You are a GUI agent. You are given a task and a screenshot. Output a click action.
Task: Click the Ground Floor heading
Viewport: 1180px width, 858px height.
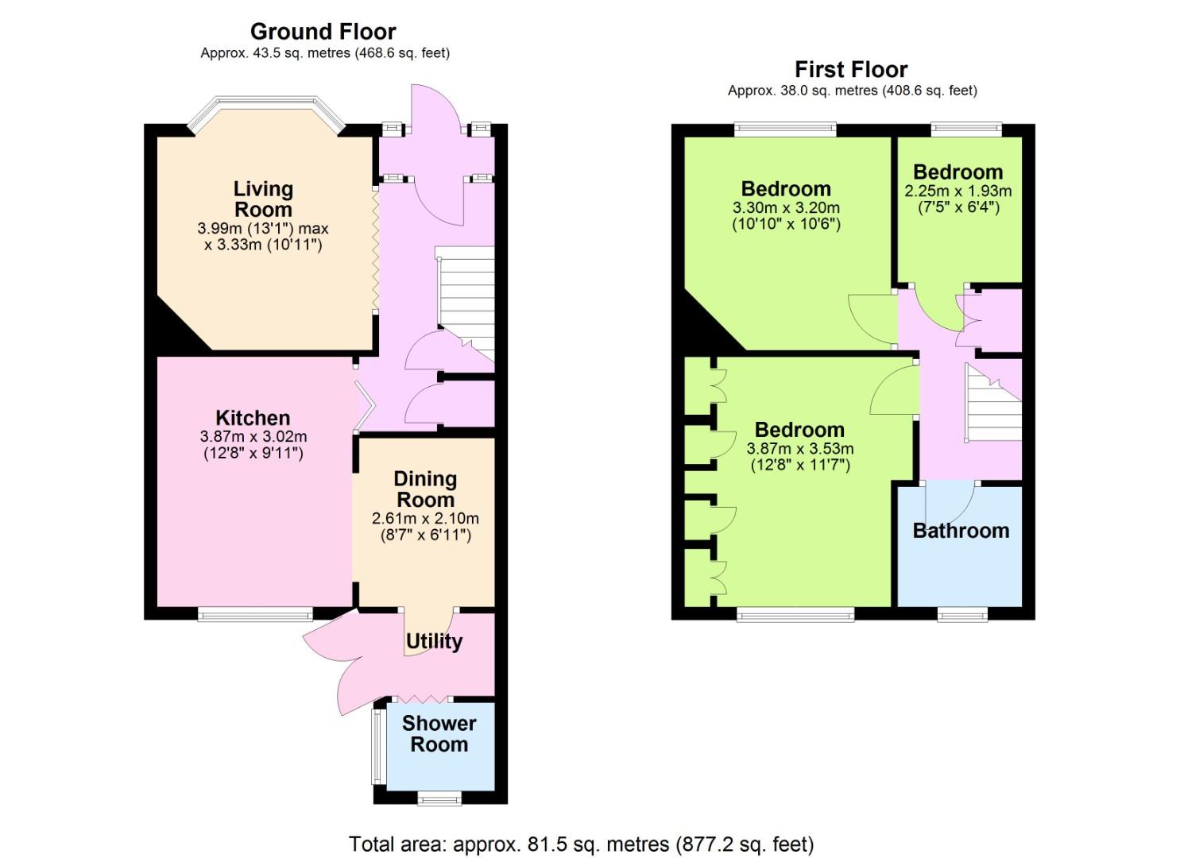coord(323,32)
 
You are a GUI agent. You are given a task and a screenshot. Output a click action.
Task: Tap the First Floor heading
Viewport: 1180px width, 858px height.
coord(851,70)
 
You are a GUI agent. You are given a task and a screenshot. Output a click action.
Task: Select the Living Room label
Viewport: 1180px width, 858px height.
coord(263,199)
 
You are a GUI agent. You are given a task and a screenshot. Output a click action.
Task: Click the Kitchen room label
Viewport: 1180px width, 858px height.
coord(253,418)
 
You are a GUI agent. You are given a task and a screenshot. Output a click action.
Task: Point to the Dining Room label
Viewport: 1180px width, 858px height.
coord(425,489)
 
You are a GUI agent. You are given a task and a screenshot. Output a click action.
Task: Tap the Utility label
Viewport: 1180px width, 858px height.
coord(434,642)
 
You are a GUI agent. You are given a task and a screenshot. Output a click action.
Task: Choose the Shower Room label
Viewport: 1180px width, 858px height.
coord(439,734)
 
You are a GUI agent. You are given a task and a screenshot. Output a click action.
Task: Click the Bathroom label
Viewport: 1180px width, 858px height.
coord(961,531)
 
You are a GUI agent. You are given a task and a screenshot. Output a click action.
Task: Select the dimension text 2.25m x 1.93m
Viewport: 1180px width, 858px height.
coord(958,191)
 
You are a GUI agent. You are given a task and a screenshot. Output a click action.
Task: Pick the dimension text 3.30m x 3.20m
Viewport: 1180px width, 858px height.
coord(786,207)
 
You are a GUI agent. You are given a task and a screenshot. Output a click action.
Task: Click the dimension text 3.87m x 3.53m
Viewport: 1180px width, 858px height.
coord(800,449)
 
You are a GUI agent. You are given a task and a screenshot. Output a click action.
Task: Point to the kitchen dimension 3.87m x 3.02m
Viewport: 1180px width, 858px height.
coord(253,436)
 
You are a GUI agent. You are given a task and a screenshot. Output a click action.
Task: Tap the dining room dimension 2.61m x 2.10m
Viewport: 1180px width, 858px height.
coord(426,518)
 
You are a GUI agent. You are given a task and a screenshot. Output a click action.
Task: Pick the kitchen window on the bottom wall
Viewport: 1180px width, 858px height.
coord(256,614)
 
